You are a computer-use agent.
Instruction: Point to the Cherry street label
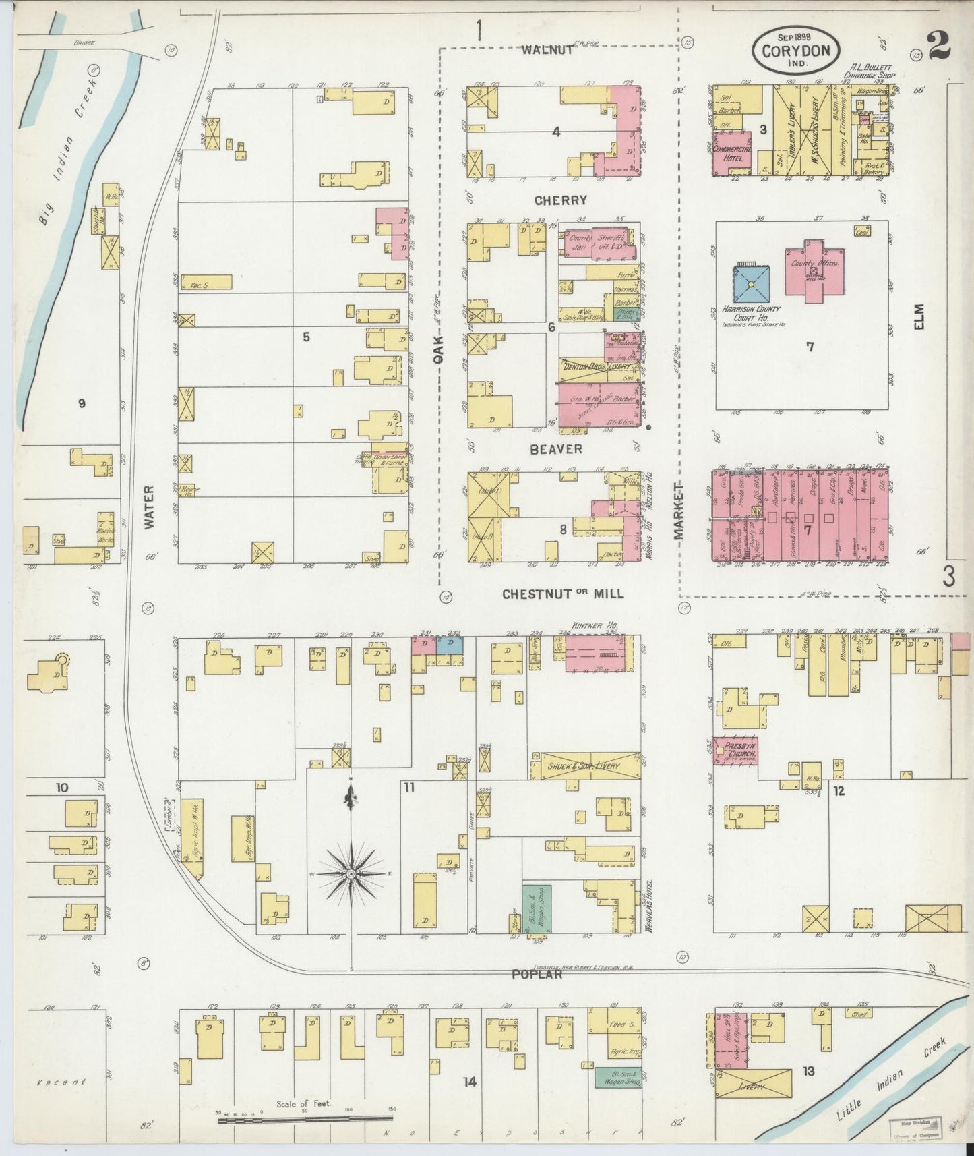[561, 200]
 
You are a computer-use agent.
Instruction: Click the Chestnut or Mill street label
[563, 594]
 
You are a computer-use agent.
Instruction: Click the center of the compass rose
[351, 874]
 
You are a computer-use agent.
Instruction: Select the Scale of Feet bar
[305, 1121]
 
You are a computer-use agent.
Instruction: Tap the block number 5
[306, 337]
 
